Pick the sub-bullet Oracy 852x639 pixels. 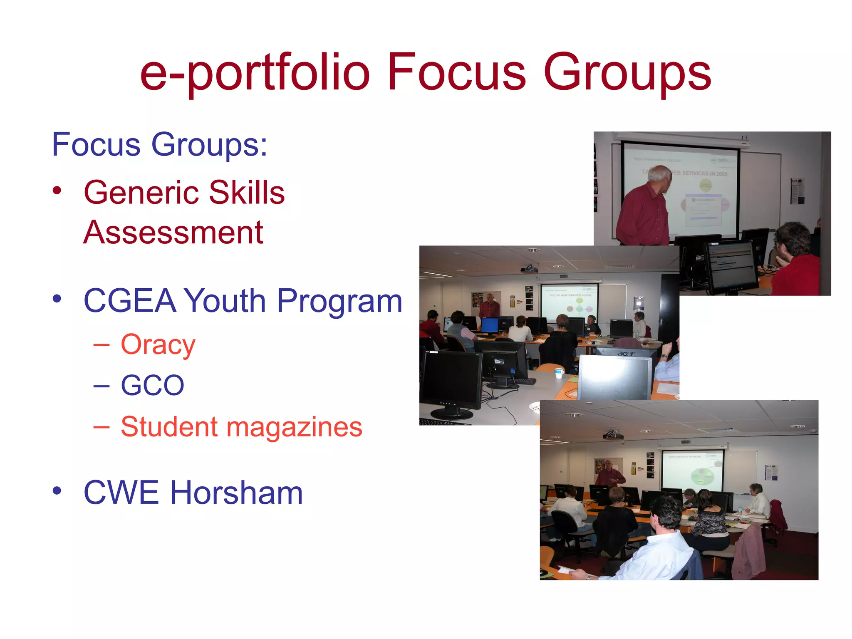click(x=158, y=345)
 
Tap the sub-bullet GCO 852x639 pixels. click(x=152, y=385)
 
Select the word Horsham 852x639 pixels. click(x=236, y=493)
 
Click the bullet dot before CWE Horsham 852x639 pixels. click(x=57, y=490)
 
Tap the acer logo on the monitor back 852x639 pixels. click(x=626, y=354)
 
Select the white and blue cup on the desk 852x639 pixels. click(x=559, y=373)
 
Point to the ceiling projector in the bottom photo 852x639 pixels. click(x=613, y=435)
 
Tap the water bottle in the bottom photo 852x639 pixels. click(x=740, y=510)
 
